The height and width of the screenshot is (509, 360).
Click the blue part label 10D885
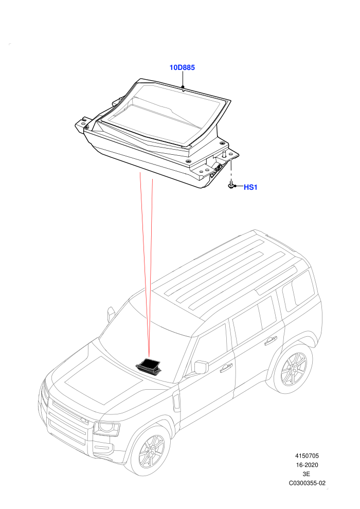point(182,67)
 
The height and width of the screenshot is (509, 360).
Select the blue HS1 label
point(250,187)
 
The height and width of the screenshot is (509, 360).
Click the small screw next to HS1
point(230,186)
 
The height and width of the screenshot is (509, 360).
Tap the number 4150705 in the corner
point(307,456)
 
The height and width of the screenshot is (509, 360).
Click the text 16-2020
point(307,465)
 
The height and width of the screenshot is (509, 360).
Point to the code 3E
point(307,474)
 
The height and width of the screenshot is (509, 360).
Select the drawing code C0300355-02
point(307,483)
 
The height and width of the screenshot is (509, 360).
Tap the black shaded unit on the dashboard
point(149,366)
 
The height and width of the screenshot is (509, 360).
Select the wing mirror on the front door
point(201,367)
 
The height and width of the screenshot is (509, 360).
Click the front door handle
point(226,368)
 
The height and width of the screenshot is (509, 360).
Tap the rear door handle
point(271,340)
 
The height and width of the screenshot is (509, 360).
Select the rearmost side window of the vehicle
point(298,290)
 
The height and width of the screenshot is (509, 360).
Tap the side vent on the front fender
point(176,402)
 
